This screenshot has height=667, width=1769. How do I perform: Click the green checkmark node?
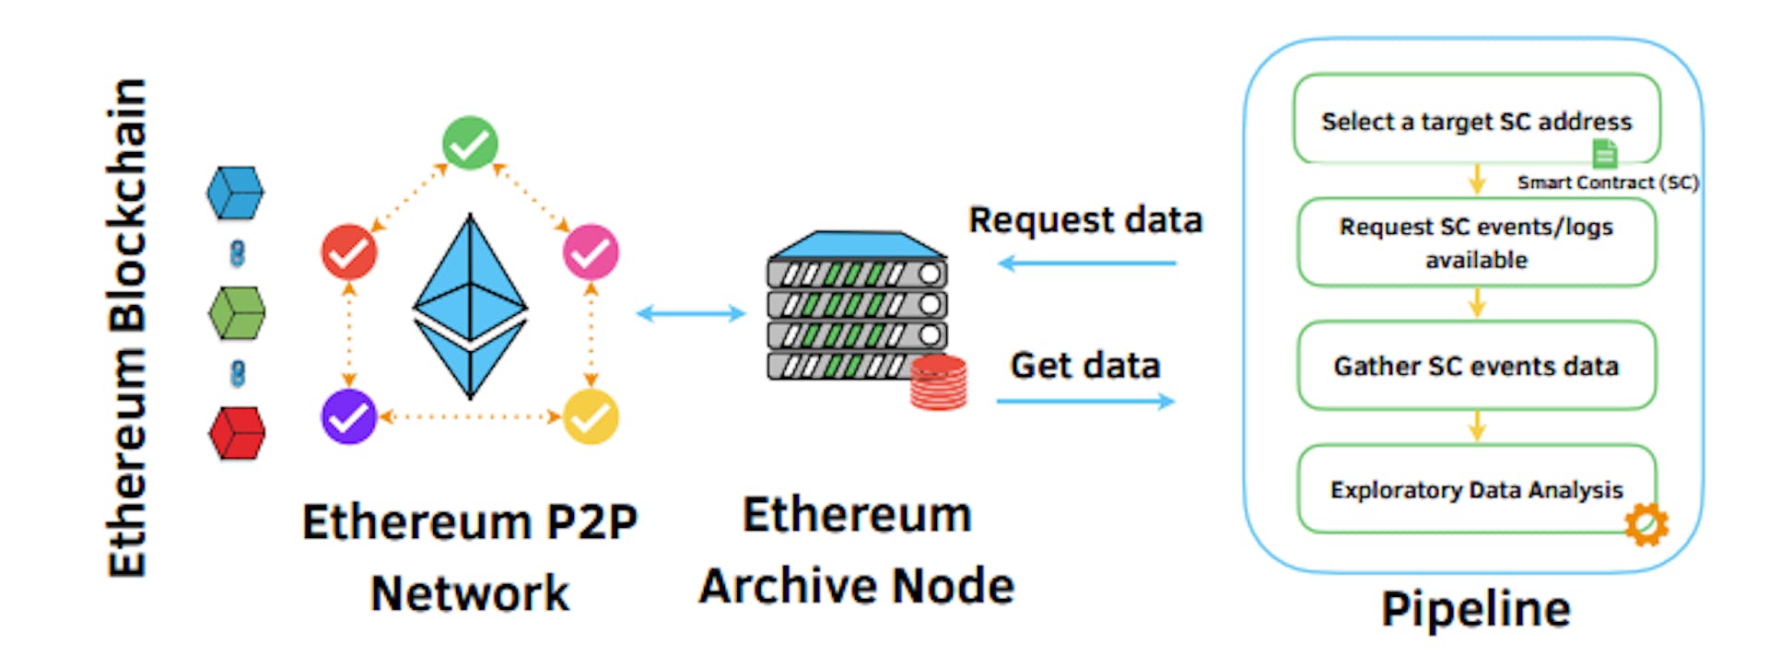[x=470, y=143]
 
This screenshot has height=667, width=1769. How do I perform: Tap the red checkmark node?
[x=349, y=252]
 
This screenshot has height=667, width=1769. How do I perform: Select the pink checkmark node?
[x=591, y=252]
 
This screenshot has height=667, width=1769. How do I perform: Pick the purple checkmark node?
[x=349, y=416]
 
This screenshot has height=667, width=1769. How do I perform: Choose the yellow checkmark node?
[x=591, y=416]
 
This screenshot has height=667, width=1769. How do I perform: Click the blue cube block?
[x=236, y=193]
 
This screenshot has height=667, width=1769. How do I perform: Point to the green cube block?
[x=237, y=312]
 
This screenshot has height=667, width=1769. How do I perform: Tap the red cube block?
[x=237, y=432]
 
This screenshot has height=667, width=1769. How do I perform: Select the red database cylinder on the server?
[x=938, y=381]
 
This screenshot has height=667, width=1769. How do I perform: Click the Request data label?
[x=1085, y=220]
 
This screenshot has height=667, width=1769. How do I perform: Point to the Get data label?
[x=1085, y=366]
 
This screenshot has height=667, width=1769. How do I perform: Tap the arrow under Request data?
[x=1087, y=263]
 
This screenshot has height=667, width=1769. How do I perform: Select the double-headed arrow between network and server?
[x=691, y=313]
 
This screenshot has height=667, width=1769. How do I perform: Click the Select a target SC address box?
[x=1476, y=120]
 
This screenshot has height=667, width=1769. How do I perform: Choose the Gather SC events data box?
[x=1476, y=366]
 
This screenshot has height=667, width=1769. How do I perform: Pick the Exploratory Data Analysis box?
[x=1476, y=489]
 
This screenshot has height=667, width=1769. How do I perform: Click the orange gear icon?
[x=1646, y=524]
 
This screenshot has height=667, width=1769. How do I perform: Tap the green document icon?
[x=1605, y=153]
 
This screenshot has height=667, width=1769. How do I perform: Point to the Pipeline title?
[x=1476, y=609]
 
